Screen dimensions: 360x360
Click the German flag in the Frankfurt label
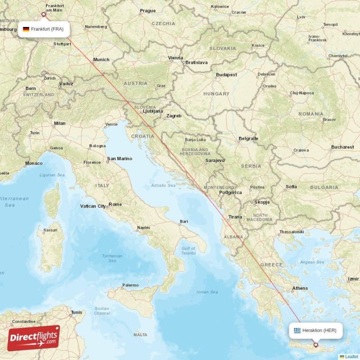click(x=26, y=29)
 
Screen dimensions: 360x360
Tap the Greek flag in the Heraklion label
click(x=297, y=330)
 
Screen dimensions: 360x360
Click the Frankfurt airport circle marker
click(x=44, y=14)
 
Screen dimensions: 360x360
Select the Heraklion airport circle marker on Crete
click(x=315, y=345)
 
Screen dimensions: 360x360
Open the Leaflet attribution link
click(x=351, y=356)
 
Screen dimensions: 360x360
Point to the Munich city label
click(x=101, y=59)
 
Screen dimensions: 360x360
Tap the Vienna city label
click(x=175, y=58)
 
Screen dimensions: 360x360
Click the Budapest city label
click(x=226, y=75)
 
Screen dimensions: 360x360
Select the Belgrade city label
click(x=248, y=139)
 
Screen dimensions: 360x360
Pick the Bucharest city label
click(x=342, y=147)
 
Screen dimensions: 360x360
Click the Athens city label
click(x=300, y=288)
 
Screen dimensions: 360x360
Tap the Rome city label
click(x=115, y=204)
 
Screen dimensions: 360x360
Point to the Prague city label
click(x=148, y=11)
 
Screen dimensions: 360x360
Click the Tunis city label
click(x=77, y=312)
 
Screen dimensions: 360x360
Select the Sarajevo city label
click(x=215, y=160)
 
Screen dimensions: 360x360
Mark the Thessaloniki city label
click(x=292, y=232)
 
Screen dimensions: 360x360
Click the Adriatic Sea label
click(x=163, y=185)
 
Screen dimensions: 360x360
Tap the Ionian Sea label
click(x=207, y=292)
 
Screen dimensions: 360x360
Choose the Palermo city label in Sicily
click(x=130, y=285)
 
